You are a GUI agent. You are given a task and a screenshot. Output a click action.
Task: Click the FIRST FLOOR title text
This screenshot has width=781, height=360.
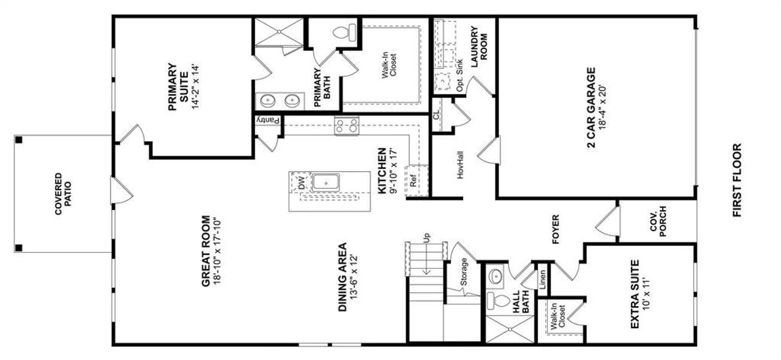(737, 180)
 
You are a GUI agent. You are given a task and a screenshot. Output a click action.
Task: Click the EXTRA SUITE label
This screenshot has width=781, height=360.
(640, 294)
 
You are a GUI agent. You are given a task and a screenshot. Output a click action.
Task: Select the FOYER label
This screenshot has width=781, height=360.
(555, 230)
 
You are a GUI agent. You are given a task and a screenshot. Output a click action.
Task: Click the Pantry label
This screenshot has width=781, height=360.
(268, 121)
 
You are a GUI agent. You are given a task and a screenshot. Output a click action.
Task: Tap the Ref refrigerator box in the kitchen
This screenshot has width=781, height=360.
(413, 179)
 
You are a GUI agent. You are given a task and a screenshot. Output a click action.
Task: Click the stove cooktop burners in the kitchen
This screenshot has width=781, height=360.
(347, 125)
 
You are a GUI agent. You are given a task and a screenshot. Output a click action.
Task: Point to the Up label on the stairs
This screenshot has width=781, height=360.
(427, 238)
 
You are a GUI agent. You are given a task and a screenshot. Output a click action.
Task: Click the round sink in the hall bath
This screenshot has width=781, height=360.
(495, 277)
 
